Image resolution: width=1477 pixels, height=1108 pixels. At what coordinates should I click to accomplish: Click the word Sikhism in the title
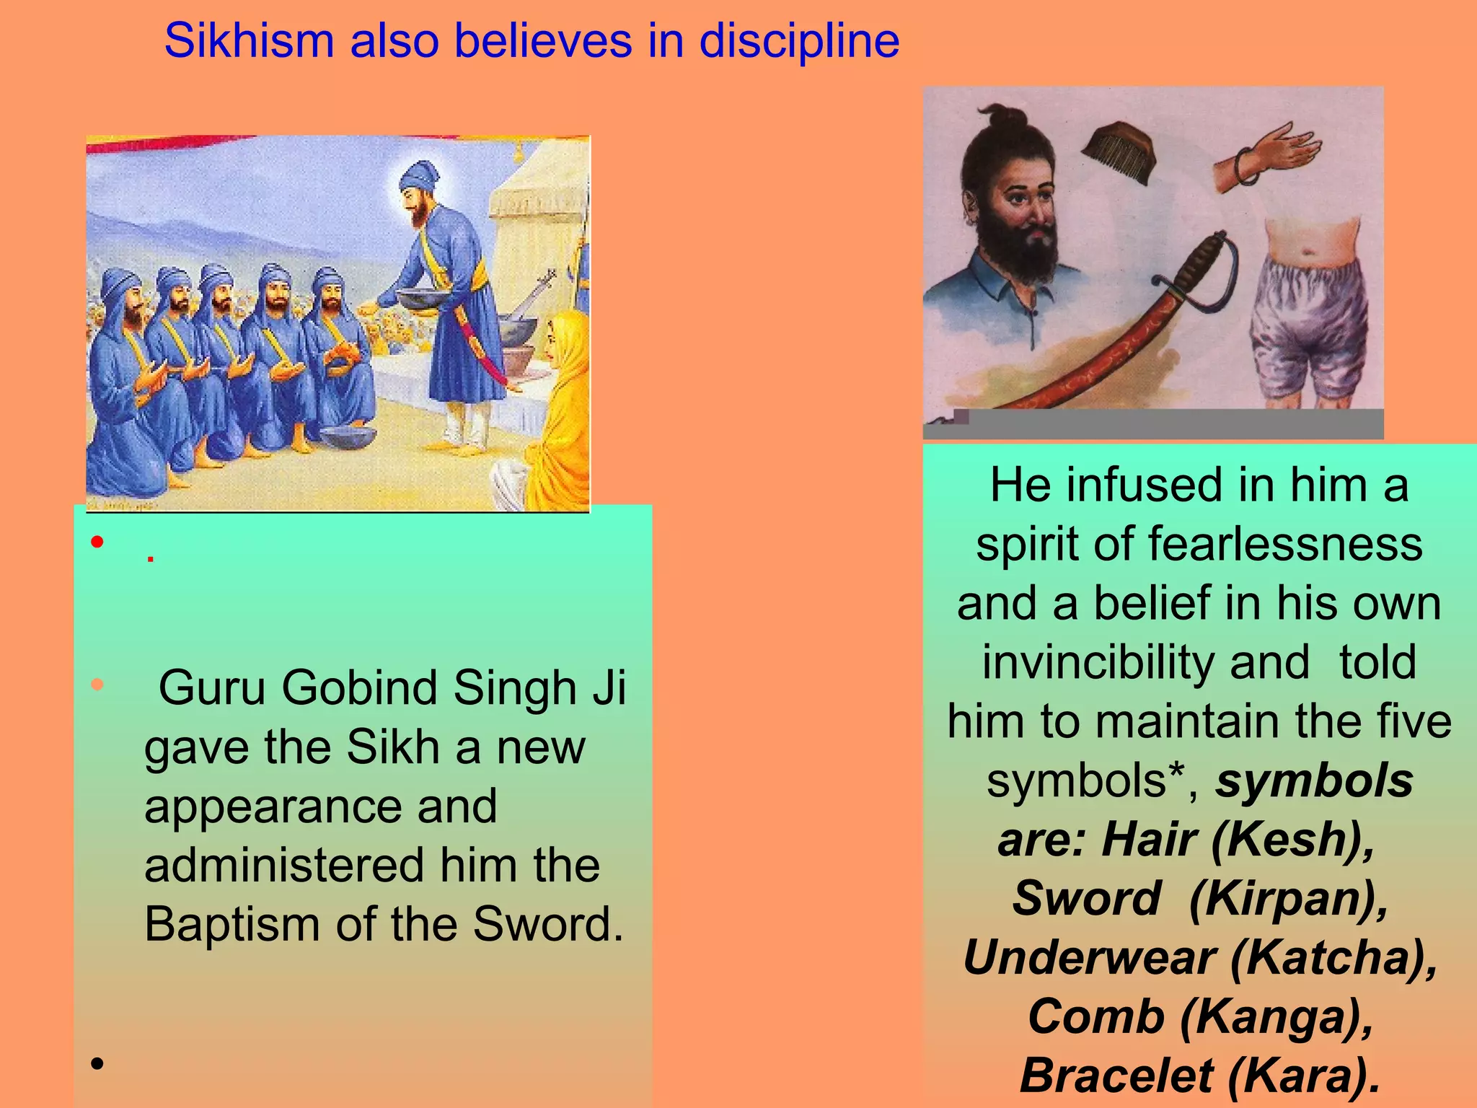[x=249, y=41]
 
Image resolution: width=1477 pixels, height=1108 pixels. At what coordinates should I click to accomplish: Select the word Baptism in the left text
[x=232, y=924]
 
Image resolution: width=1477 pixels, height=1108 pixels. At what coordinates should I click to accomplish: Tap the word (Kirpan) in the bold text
[x=1288, y=900]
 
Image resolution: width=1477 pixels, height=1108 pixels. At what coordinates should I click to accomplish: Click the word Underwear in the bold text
[x=1090, y=959]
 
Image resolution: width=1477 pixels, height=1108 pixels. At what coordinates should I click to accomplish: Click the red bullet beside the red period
[x=97, y=542]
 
